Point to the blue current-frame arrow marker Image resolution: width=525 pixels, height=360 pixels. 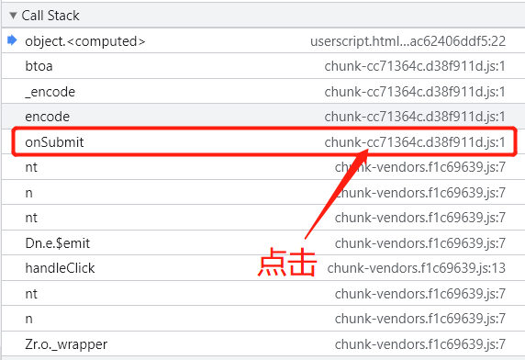(11, 40)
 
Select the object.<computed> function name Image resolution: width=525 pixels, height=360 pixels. (85, 41)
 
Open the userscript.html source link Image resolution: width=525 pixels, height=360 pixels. (408, 41)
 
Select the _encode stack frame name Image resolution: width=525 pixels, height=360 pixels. (50, 92)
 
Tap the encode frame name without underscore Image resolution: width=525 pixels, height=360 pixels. (48, 117)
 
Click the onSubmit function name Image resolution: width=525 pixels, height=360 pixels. (55, 142)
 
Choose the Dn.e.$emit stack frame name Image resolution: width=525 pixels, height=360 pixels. (58, 243)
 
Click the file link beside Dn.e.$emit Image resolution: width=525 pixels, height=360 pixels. (420, 243)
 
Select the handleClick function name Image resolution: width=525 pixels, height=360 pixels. (60, 268)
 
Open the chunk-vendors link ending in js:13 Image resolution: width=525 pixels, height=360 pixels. (417, 268)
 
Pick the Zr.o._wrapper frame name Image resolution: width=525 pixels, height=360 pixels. (66, 344)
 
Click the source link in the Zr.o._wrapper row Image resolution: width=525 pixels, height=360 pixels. (420, 344)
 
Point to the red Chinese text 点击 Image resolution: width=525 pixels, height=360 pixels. (287, 264)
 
